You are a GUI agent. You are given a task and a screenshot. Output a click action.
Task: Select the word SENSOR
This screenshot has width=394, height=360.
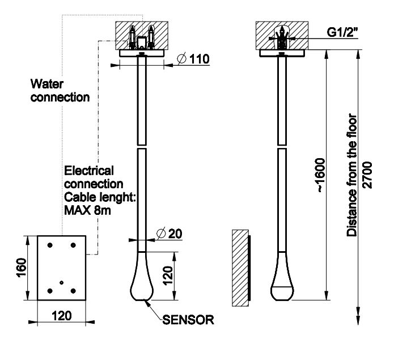(x=188, y=320)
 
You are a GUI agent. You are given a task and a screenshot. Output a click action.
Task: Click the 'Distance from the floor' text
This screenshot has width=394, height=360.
(x=353, y=175)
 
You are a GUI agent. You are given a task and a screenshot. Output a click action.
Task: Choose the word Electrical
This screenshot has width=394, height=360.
(x=89, y=171)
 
